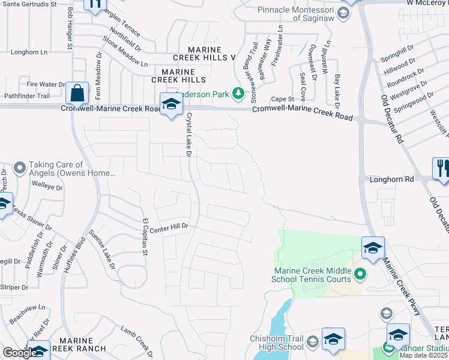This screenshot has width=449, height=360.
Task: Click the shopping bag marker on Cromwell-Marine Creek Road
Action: (77, 94)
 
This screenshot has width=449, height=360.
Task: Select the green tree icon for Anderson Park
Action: (238, 93)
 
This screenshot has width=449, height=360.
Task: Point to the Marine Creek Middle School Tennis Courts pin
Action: (360, 275)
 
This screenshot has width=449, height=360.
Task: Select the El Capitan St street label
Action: (144, 236)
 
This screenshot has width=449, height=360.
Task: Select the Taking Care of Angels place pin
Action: (20, 167)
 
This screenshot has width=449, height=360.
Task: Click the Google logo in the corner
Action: (19, 353)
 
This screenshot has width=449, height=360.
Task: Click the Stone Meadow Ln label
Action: (125, 52)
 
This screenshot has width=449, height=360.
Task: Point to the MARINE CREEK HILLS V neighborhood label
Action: (204, 53)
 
